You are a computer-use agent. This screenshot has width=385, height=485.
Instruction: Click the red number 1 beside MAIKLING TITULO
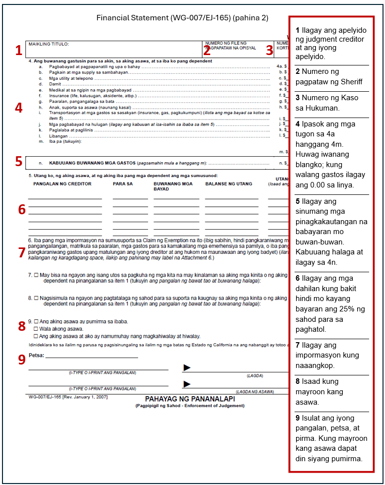pos(18,50)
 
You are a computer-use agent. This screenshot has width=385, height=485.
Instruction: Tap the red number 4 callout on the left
pos(18,108)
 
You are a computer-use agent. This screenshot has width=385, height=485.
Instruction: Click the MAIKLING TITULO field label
pos(49,44)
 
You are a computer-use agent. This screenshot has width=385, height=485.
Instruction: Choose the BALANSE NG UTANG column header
pos(229,184)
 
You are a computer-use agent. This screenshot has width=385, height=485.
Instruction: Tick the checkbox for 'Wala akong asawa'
pos(36,329)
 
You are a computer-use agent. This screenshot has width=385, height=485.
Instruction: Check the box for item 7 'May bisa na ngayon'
pos(36,275)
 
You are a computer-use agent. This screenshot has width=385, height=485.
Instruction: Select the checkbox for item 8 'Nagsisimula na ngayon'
pos(36,298)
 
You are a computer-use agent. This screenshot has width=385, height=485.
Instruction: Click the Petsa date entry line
pos(91,355)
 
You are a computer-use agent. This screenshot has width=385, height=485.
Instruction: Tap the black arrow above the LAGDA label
pos(187,367)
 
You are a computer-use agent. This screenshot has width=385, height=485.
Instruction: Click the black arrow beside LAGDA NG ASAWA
pos(187,384)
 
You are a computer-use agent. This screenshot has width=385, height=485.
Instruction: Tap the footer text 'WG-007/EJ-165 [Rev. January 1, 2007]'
pos(68,397)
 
